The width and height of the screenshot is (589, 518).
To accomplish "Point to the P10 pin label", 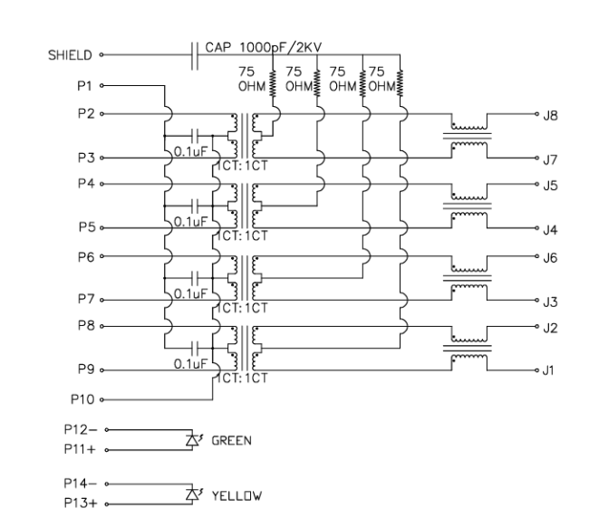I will [82, 398].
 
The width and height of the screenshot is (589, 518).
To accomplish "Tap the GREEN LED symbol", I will [190, 440].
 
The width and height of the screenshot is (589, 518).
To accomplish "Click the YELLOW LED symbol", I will [190, 494].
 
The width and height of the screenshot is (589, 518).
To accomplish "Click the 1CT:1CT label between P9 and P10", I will [241, 379].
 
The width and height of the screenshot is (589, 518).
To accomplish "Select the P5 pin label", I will [87, 226].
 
